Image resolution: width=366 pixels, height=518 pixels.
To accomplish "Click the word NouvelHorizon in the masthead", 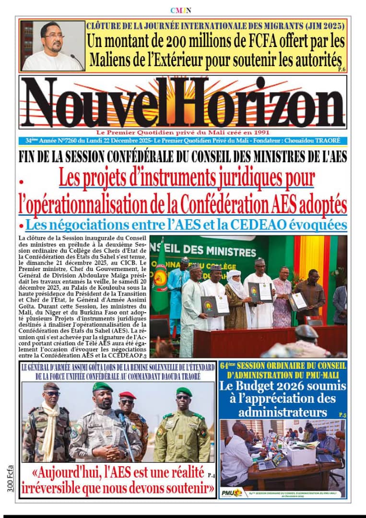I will point(183,103).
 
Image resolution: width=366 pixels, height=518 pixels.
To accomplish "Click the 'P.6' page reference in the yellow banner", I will point(342,70).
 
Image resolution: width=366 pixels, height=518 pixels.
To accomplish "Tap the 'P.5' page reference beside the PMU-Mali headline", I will point(342,414).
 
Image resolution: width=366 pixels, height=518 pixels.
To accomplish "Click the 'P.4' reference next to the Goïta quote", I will point(212,475).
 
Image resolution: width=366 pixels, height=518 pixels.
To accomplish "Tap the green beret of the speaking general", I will point(102,387).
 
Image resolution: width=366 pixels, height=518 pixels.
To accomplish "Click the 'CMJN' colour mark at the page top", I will point(181,10).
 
